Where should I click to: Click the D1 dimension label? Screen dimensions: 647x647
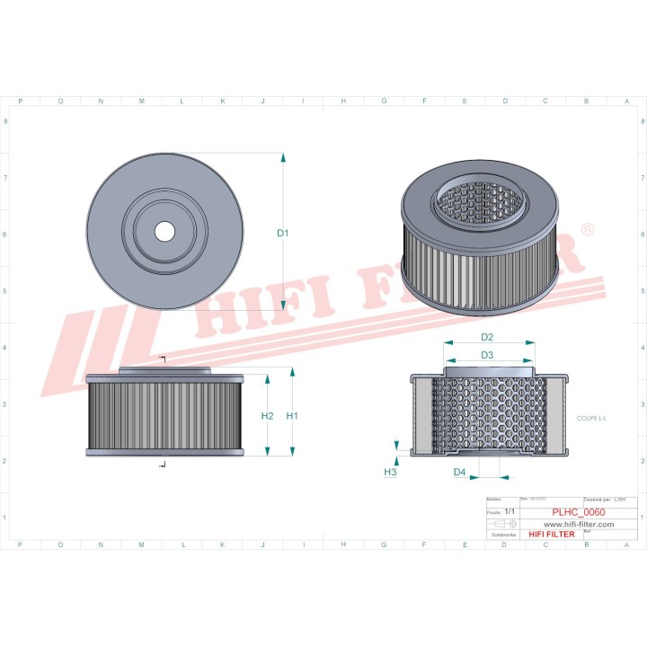282,234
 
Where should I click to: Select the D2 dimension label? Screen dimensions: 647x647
487,337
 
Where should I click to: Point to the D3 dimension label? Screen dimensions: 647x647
487,355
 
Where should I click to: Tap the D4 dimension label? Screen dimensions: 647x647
459,472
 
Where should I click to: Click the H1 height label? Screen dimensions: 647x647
292,416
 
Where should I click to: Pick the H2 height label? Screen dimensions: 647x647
267,416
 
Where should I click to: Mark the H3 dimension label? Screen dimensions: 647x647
390,472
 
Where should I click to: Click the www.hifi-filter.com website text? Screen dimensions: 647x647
578,524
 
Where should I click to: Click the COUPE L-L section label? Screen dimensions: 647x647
592,419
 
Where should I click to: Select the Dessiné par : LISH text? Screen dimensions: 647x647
605,498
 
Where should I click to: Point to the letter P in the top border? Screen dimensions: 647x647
20,102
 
